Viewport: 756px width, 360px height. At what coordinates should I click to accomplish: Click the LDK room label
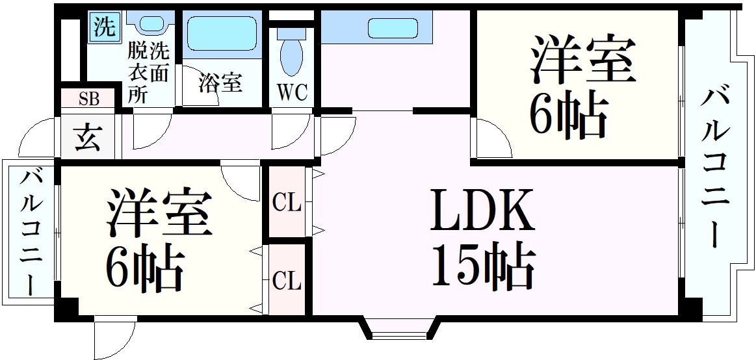482,210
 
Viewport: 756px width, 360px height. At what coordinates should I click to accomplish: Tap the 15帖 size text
482,266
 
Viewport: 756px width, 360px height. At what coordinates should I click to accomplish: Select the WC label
292,93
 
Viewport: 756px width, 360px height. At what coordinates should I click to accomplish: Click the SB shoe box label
89,99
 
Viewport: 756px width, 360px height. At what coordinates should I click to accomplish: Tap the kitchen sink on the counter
393,28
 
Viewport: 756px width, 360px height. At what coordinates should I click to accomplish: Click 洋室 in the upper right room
582,59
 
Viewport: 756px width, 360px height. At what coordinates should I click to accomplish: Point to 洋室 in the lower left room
160,213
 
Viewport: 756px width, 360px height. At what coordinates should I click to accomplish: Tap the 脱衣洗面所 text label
148,72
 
